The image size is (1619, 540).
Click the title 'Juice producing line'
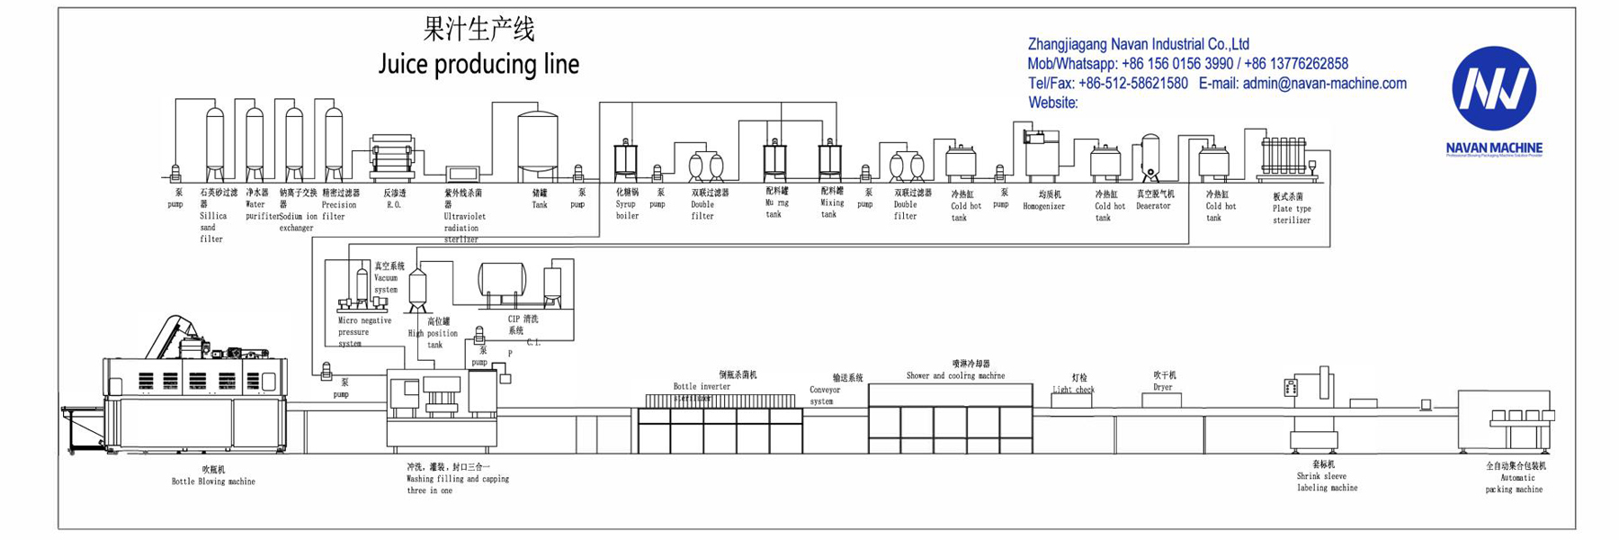479,64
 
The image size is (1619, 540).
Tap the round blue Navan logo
1494,88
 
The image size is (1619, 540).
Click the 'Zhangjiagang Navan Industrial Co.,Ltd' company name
1138,44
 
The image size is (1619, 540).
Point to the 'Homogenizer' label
1043,207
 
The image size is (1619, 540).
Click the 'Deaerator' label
1153,206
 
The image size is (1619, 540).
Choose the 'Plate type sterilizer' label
1292,214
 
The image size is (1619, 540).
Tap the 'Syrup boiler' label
627,210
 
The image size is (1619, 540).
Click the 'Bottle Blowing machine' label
213,481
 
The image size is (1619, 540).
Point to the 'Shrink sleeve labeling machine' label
1327,482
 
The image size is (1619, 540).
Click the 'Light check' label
1073,390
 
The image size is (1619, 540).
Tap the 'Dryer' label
1163,387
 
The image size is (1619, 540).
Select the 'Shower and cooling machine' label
955,376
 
